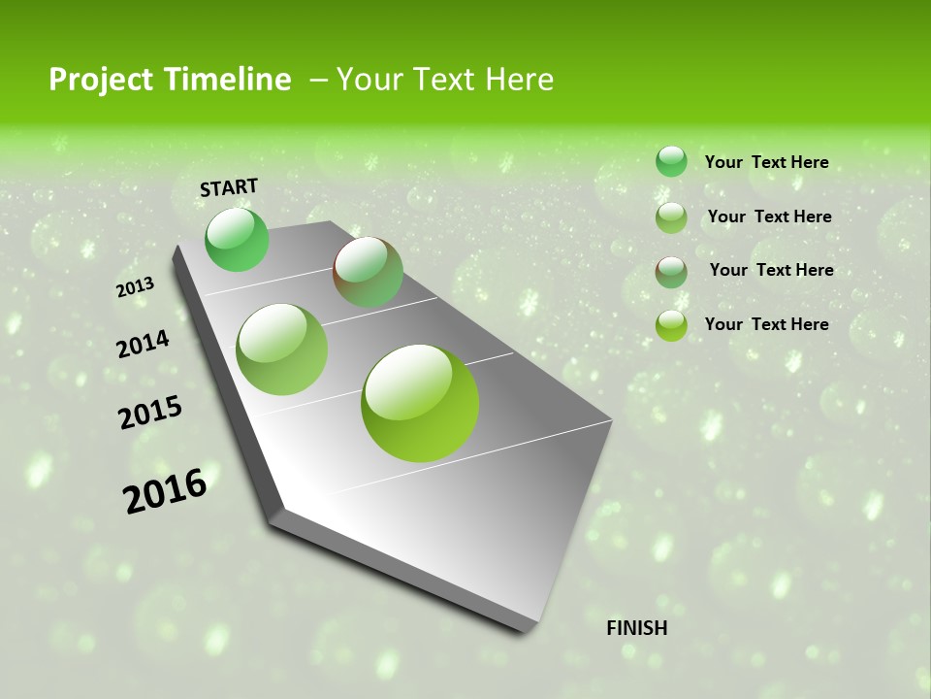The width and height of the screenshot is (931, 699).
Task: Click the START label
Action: [x=229, y=187]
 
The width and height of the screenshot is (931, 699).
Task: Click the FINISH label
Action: [x=636, y=628]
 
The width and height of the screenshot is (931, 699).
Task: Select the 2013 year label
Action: [x=135, y=287]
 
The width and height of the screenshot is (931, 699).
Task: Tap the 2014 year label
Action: [x=143, y=345]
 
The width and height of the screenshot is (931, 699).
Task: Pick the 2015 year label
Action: [x=150, y=412]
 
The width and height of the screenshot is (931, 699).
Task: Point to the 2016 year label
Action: [x=165, y=490]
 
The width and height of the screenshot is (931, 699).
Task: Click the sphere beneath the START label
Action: [x=237, y=240]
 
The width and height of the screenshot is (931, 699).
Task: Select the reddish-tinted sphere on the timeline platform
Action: [x=369, y=272]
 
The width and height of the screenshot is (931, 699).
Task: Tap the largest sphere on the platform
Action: [x=420, y=403]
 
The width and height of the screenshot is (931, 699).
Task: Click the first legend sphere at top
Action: [x=671, y=161]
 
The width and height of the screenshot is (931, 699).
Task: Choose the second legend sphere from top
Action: [x=671, y=217]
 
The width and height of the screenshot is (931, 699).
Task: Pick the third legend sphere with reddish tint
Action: [x=671, y=272]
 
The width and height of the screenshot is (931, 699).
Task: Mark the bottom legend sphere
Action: [x=671, y=325]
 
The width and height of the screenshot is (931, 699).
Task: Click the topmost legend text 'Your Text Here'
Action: [x=766, y=162]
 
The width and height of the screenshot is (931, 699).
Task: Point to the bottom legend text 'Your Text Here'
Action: [x=766, y=324]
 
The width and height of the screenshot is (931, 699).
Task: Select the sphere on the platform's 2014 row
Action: [x=282, y=349]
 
